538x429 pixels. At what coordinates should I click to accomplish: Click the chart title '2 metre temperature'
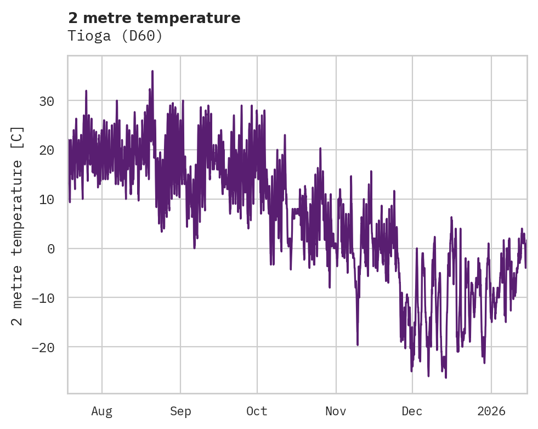[154, 18]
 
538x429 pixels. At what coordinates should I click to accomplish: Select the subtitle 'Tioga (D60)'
[115, 36]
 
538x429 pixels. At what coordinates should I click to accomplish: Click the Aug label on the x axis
[102, 411]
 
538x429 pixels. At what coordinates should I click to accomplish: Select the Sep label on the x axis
[180, 411]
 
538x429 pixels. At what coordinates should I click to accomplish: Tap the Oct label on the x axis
[257, 411]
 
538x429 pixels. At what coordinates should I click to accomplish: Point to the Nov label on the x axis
[336, 411]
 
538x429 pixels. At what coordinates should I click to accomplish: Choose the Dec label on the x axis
[412, 411]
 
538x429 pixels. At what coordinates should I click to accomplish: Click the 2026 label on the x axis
[491, 411]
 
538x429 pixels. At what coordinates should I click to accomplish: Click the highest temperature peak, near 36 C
[152, 71]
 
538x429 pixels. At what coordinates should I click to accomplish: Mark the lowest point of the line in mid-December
[446, 377]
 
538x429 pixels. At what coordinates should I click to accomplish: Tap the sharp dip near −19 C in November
[358, 345]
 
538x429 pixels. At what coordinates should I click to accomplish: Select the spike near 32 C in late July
[86, 91]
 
